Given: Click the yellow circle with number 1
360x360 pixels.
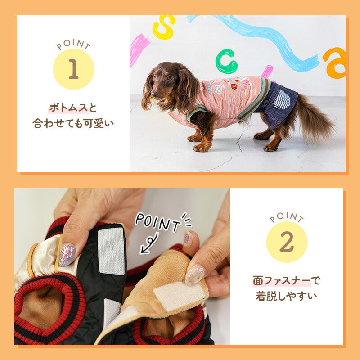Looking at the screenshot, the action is [x=73, y=69].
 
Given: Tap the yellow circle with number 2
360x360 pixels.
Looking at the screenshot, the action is [x=287, y=242].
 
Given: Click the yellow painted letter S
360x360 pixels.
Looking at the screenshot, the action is [x=164, y=27].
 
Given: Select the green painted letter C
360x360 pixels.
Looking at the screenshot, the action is [x=226, y=61].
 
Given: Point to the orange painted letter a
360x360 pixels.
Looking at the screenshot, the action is [x=334, y=63].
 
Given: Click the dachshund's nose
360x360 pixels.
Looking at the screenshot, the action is [x=155, y=94].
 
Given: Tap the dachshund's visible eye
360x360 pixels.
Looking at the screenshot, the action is [x=170, y=77].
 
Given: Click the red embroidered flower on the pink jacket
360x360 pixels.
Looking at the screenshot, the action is [x=234, y=87].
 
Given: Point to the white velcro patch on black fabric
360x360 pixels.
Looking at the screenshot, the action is [x=111, y=251].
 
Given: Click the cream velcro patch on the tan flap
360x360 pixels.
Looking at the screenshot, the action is [x=180, y=296].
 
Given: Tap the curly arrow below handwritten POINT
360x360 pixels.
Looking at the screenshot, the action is [x=149, y=243].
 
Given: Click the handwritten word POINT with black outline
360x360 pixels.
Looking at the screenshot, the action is [x=158, y=222].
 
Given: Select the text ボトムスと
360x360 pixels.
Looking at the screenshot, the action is [x=73, y=108].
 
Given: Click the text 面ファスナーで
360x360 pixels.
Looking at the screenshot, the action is [x=286, y=280].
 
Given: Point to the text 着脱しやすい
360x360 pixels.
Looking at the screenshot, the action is [x=286, y=296].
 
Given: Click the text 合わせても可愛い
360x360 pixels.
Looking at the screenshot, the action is [x=73, y=123].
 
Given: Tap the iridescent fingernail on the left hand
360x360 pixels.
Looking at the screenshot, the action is [x=67, y=255].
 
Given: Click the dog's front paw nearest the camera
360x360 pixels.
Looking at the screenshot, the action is [x=202, y=147].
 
